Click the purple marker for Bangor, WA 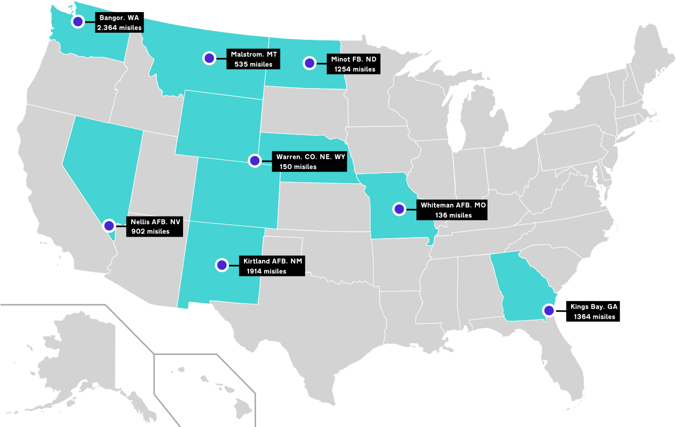[x=78, y=22]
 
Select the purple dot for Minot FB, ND [x=309, y=63]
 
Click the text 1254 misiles [x=355, y=69]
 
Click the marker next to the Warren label [x=255, y=161]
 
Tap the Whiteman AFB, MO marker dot [x=399, y=208]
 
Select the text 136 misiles [x=453, y=215]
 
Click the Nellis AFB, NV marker [x=109, y=226]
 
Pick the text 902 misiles [x=150, y=232]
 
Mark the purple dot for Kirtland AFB [x=221, y=265]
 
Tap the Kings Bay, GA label [x=594, y=306]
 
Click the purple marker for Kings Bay [x=547, y=310]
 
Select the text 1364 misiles [x=594, y=317]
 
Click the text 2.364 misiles [x=119, y=28]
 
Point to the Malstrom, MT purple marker [x=209, y=58]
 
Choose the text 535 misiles [x=253, y=64]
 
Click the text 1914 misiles [x=266, y=271]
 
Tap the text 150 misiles [x=298, y=167]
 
